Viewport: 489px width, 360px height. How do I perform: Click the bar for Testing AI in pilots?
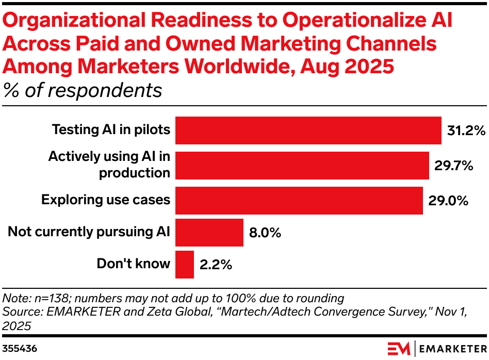(308, 130)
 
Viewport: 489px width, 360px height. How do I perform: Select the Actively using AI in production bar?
(302, 166)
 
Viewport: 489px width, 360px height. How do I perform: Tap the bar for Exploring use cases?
(299, 201)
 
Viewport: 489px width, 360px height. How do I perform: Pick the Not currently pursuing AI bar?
(209, 233)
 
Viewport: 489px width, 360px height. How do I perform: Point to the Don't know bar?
(185, 265)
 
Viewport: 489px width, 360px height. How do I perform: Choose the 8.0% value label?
(265, 233)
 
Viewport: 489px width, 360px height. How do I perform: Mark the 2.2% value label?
(216, 265)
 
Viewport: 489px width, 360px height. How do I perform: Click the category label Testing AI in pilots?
(111, 129)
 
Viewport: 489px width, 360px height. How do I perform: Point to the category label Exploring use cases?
(106, 200)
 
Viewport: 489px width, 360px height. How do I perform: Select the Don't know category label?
(133, 264)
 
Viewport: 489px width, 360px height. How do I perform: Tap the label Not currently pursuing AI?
(89, 232)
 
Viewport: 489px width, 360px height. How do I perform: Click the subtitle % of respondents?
(83, 90)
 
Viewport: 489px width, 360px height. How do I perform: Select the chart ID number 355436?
(20, 349)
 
